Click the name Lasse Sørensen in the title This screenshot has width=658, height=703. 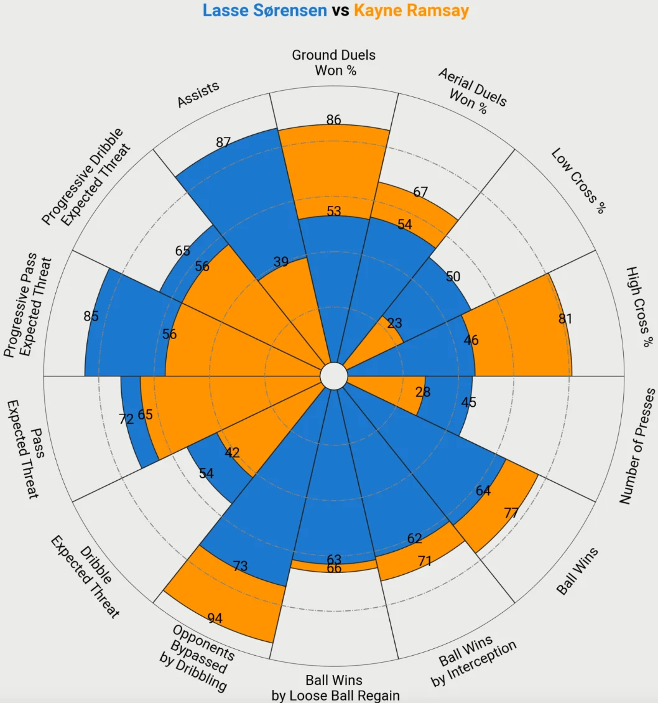click(264, 11)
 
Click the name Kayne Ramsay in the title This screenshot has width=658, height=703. click(411, 11)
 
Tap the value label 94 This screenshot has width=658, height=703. click(215, 618)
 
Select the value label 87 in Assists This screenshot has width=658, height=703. click(223, 142)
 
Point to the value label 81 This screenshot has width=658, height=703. click(565, 319)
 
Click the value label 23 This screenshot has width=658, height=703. click(394, 324)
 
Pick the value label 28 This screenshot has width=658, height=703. click(423, 393)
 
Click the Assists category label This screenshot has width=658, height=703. click(198, 95)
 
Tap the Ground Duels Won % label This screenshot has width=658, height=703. click(334, 63)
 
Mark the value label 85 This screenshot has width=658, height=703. click(91, 316)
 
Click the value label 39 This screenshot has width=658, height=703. click(281, 262)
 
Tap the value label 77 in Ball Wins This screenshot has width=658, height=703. click(511, 513)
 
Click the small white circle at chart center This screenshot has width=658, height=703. click(333, 376)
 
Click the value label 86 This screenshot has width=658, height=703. click(334, 119)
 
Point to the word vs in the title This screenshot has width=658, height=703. click(340, 11)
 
